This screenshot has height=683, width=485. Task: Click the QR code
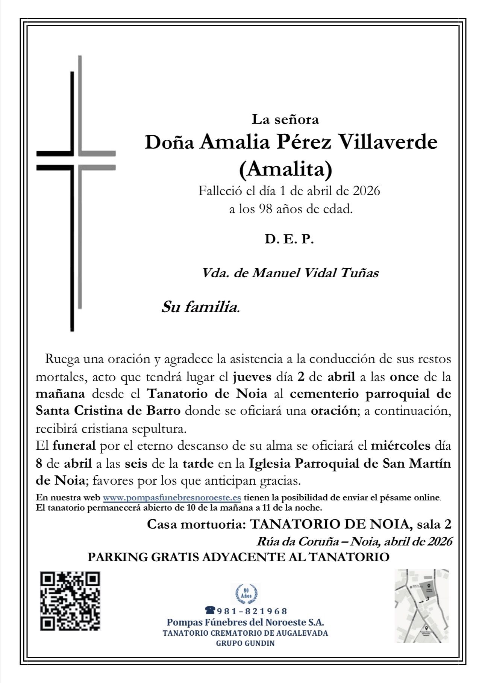tap(70, 601)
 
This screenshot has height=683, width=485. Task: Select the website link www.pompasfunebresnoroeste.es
tap(172, 497)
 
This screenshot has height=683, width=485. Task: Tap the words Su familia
tap(201, 308)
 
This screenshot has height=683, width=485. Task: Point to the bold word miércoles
tap(400, 446)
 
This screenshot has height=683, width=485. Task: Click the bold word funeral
tap(74, 446)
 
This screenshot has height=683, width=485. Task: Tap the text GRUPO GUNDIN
tap(245, 643)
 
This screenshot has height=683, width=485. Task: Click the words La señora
tap(285, 119)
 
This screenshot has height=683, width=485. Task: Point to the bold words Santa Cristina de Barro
tap(108, 411)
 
